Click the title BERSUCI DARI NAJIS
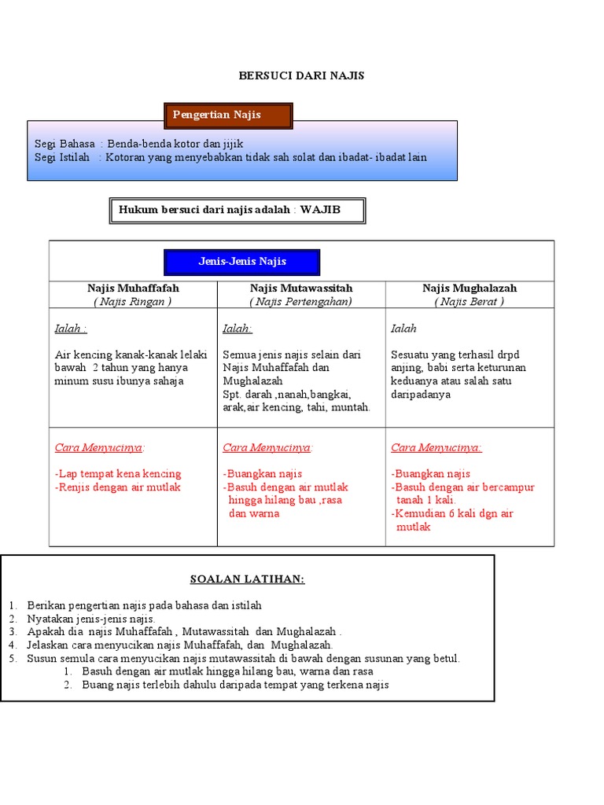point(302,75)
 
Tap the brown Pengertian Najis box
point(228,116)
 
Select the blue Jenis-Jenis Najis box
point(241,262)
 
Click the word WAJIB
point(320,210)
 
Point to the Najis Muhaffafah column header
point(133,289)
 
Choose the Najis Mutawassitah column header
point(301,289)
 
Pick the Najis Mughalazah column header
point(470,289)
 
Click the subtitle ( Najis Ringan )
point(133,301)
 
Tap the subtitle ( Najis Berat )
point(470,301)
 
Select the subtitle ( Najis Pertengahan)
point(301,301)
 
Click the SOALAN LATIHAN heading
point(247,579)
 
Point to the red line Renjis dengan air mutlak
point(118,487)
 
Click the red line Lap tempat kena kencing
point(118,474)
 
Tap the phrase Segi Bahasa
point(64,144)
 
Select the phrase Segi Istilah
point(63,157)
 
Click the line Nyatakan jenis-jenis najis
point(91,619)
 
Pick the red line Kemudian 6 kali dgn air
point(452,514)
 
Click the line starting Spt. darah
point(287,394)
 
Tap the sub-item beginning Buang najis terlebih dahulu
point(235,685)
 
